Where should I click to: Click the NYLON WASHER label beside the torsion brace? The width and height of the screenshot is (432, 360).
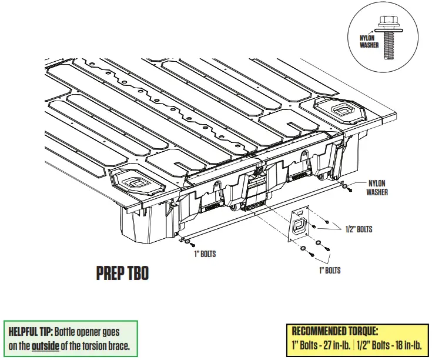click(x=377, y=188)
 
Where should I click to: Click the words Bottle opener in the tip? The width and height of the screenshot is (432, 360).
click(x=79, y=331)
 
